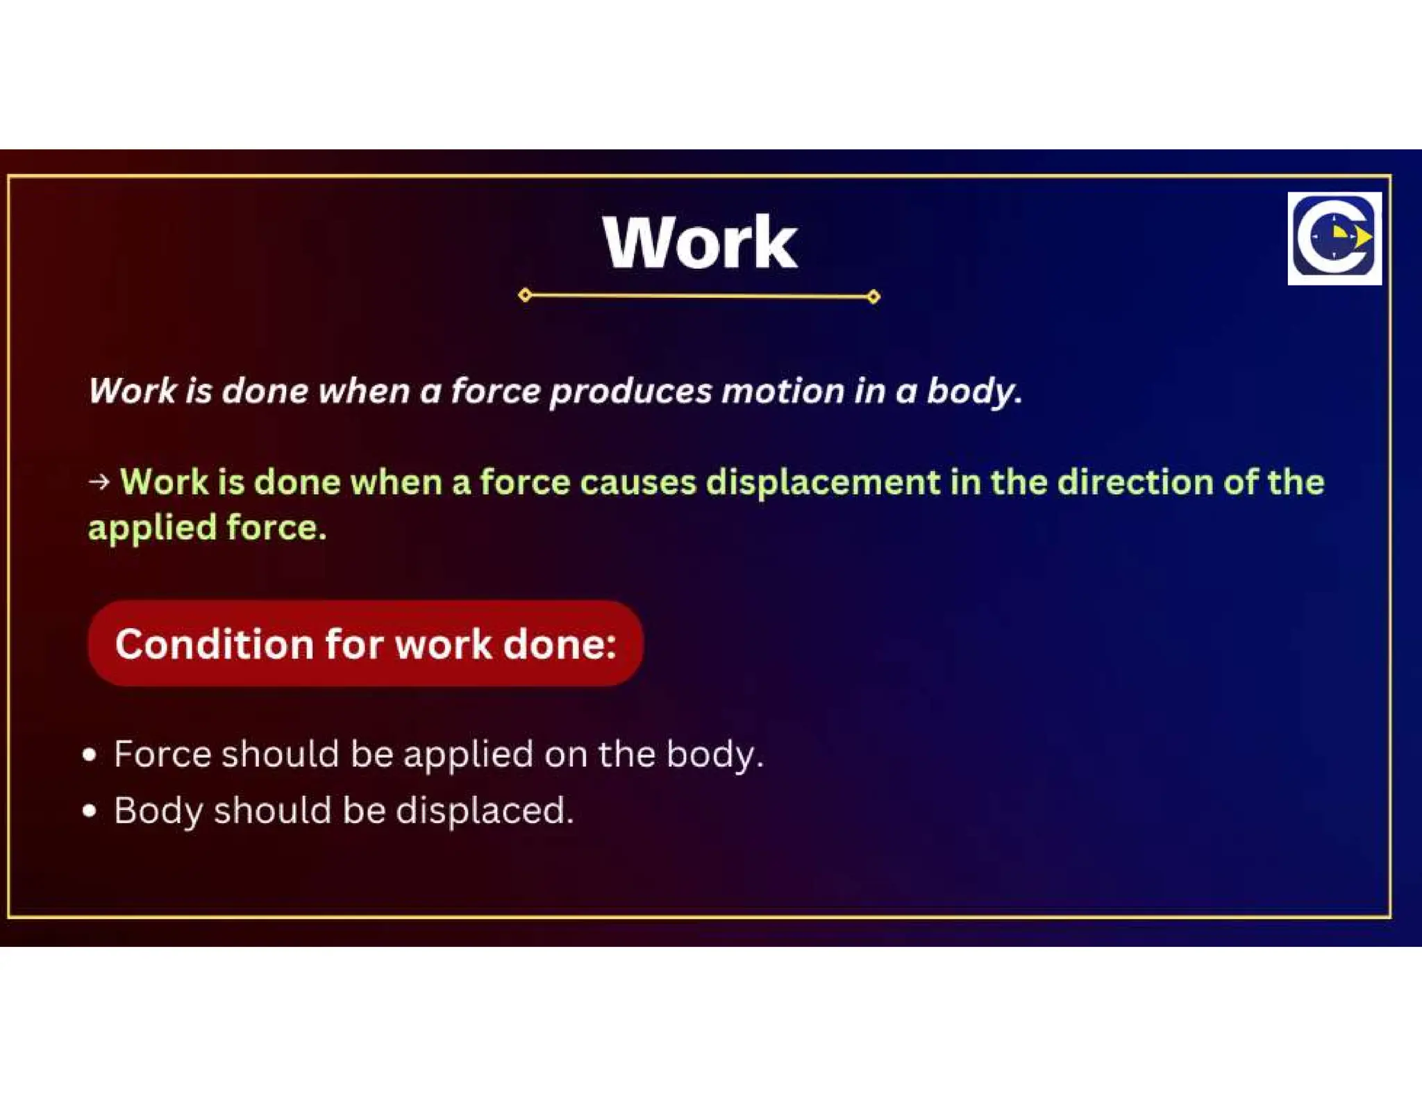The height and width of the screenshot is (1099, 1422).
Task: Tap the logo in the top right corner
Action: point(1334,238)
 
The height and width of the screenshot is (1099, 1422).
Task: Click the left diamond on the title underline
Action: point(525,295)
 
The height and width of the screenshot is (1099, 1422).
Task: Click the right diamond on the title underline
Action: point(873,297)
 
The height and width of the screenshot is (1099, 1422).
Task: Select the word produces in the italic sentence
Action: point(630,391)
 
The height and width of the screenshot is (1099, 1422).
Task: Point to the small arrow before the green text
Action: point(99,481)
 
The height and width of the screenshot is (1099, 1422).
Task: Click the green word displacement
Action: point(822,481)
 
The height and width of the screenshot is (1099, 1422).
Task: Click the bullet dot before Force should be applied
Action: point(89,755)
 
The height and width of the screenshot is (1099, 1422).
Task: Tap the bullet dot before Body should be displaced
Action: point(89,811)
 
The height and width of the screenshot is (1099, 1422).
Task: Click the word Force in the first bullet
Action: point(162,754)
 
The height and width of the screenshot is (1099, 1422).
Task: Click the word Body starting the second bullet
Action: point(158,811)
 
